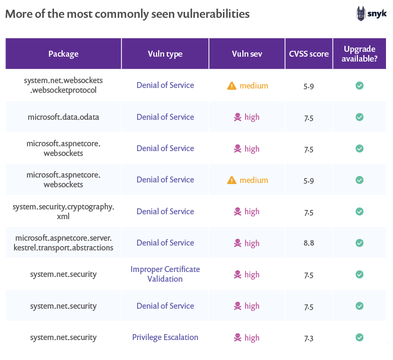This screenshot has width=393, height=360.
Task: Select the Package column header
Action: pyautogui.click(x=63, y=54)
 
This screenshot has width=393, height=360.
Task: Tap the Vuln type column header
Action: pyautogui.click(x=165, y=54)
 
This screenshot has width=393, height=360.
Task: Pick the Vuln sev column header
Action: pyautogui.click(x=247, y=54)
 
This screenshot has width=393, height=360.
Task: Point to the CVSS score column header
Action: pyautogui.click(x=308, y=54)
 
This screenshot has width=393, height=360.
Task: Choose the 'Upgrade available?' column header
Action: pyautogui.click(x=360, y=54)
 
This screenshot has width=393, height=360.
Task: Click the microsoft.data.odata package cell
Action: pyautogui.click(x=63, y=117)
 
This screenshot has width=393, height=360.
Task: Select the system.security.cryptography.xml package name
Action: pyautogui.click(x=63, y=212)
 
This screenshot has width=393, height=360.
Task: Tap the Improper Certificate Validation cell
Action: pyautogui.click(x=165, y=274)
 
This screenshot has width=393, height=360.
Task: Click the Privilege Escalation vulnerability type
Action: pyautogui.click(x=165, y=337)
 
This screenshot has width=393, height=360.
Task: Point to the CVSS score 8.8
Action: pyautogui.click(x=308, y=243)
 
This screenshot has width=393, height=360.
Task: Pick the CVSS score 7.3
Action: pyautogui.click(x=308, y=338)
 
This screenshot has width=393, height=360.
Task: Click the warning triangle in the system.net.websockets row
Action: pyautogui.click(x=232, y=86)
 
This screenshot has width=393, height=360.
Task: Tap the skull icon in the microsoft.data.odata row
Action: pyautogui.click(x=237, y=117)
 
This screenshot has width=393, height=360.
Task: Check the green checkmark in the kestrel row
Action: pyautogui.click(x=360, y=243)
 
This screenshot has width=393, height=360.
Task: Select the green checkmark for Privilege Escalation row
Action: pyautogui.click(x=360, y=337)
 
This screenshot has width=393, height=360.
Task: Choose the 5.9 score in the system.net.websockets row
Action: pyautogui.click(x=308, y=86)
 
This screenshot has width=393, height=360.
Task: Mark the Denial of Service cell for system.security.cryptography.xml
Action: pyautogui.click(x=165, y=212)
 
